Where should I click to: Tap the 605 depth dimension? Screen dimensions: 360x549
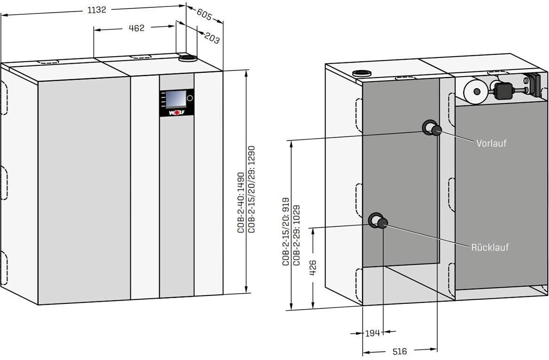point(204,14)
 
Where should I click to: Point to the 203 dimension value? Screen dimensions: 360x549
point(211,39)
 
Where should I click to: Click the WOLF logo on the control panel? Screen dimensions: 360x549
point(176,112)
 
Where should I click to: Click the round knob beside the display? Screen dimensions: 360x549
point(190,98)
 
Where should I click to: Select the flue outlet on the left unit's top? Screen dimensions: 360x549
point(188,58)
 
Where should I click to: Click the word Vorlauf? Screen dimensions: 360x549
point(492,143)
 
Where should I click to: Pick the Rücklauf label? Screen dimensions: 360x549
point(490,247)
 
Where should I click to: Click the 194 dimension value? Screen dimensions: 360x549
point(373,333)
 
